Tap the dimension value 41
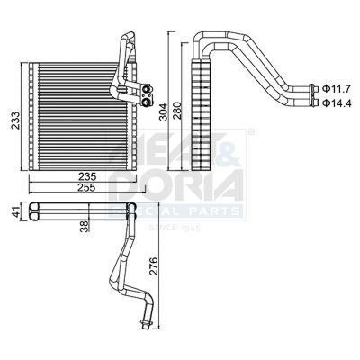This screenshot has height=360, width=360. (x=15, y=212)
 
